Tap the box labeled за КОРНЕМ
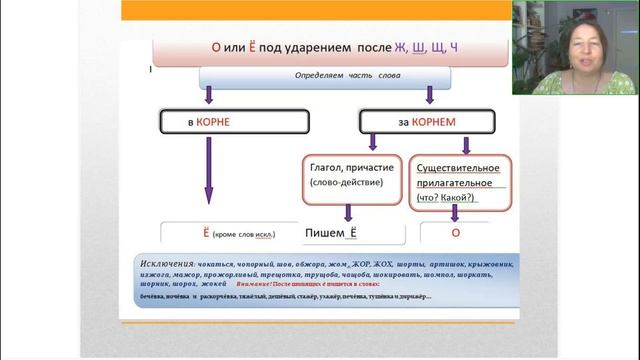coord(428,121)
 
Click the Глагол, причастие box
coord(350,176)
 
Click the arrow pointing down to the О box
coord(455,211)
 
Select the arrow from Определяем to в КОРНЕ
coord(209,96)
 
